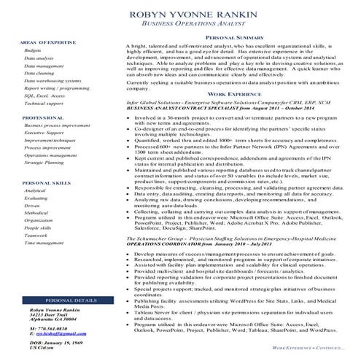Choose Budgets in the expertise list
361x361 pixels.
point(33,50)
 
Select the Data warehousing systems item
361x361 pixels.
point(53,80)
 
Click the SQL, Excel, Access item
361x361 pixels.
point(44,96)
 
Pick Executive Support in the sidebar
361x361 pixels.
point(44,133)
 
